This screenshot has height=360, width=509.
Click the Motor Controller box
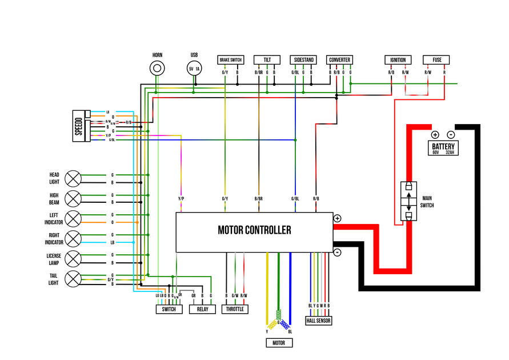(254, 232)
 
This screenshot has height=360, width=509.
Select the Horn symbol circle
(157, 69)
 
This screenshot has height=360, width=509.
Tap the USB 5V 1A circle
(194, 69)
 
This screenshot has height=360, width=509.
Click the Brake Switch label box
(231, 60)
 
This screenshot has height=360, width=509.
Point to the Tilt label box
(267, 60)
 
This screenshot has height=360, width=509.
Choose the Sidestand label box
(303, 60)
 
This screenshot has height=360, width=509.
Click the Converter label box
(339, 60)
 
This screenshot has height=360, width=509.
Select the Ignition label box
(398, 60)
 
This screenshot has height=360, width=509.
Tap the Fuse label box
(436, 60)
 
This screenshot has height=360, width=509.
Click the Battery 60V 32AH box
(443, 149)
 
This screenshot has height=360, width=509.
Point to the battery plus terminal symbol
(435, 135)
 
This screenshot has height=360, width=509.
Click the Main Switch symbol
(409, 201)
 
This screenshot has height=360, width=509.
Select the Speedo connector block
(81, 126)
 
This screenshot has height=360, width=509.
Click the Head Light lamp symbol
(73, 178)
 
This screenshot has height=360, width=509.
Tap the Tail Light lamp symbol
(73, 279)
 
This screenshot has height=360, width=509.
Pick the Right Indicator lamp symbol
(73, 238)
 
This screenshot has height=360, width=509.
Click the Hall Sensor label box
(318, 321)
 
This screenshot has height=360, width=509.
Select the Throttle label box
(235, 309)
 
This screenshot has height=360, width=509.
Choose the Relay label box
(202, 309)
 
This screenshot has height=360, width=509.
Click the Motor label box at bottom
(279, 343)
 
